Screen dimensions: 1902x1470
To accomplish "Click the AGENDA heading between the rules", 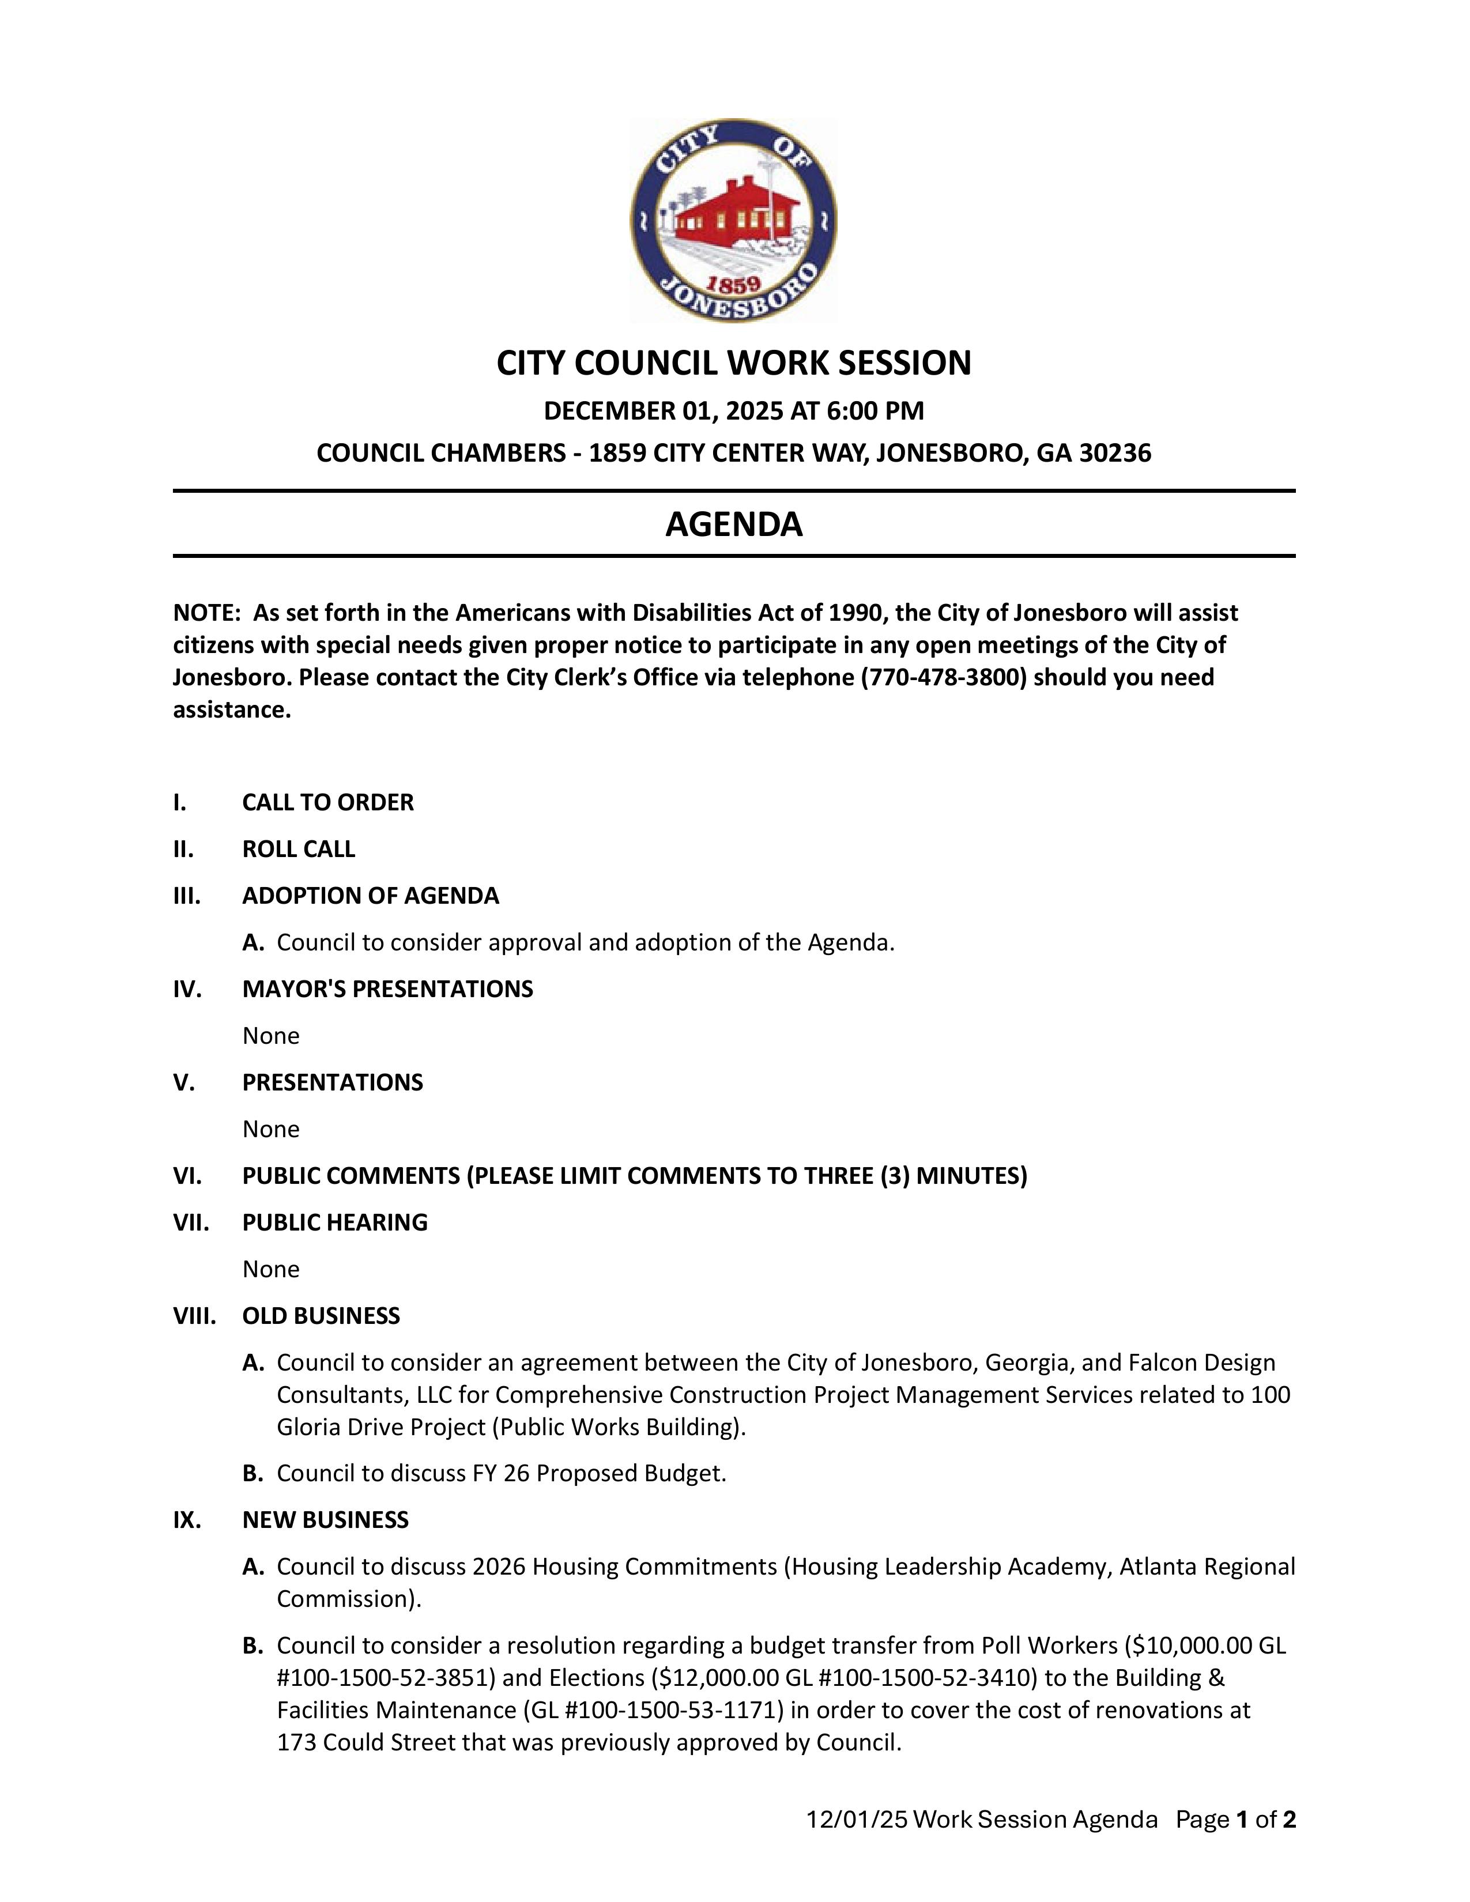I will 734,524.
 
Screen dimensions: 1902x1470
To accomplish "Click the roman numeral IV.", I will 187,989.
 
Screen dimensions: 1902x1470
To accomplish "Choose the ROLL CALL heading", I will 299,849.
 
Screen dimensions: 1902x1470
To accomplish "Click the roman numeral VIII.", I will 194,1316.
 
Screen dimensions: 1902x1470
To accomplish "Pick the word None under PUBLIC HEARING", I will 271,1269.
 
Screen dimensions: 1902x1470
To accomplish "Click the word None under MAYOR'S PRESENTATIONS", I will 271,1036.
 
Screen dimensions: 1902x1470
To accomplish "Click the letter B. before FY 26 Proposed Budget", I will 252,1474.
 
